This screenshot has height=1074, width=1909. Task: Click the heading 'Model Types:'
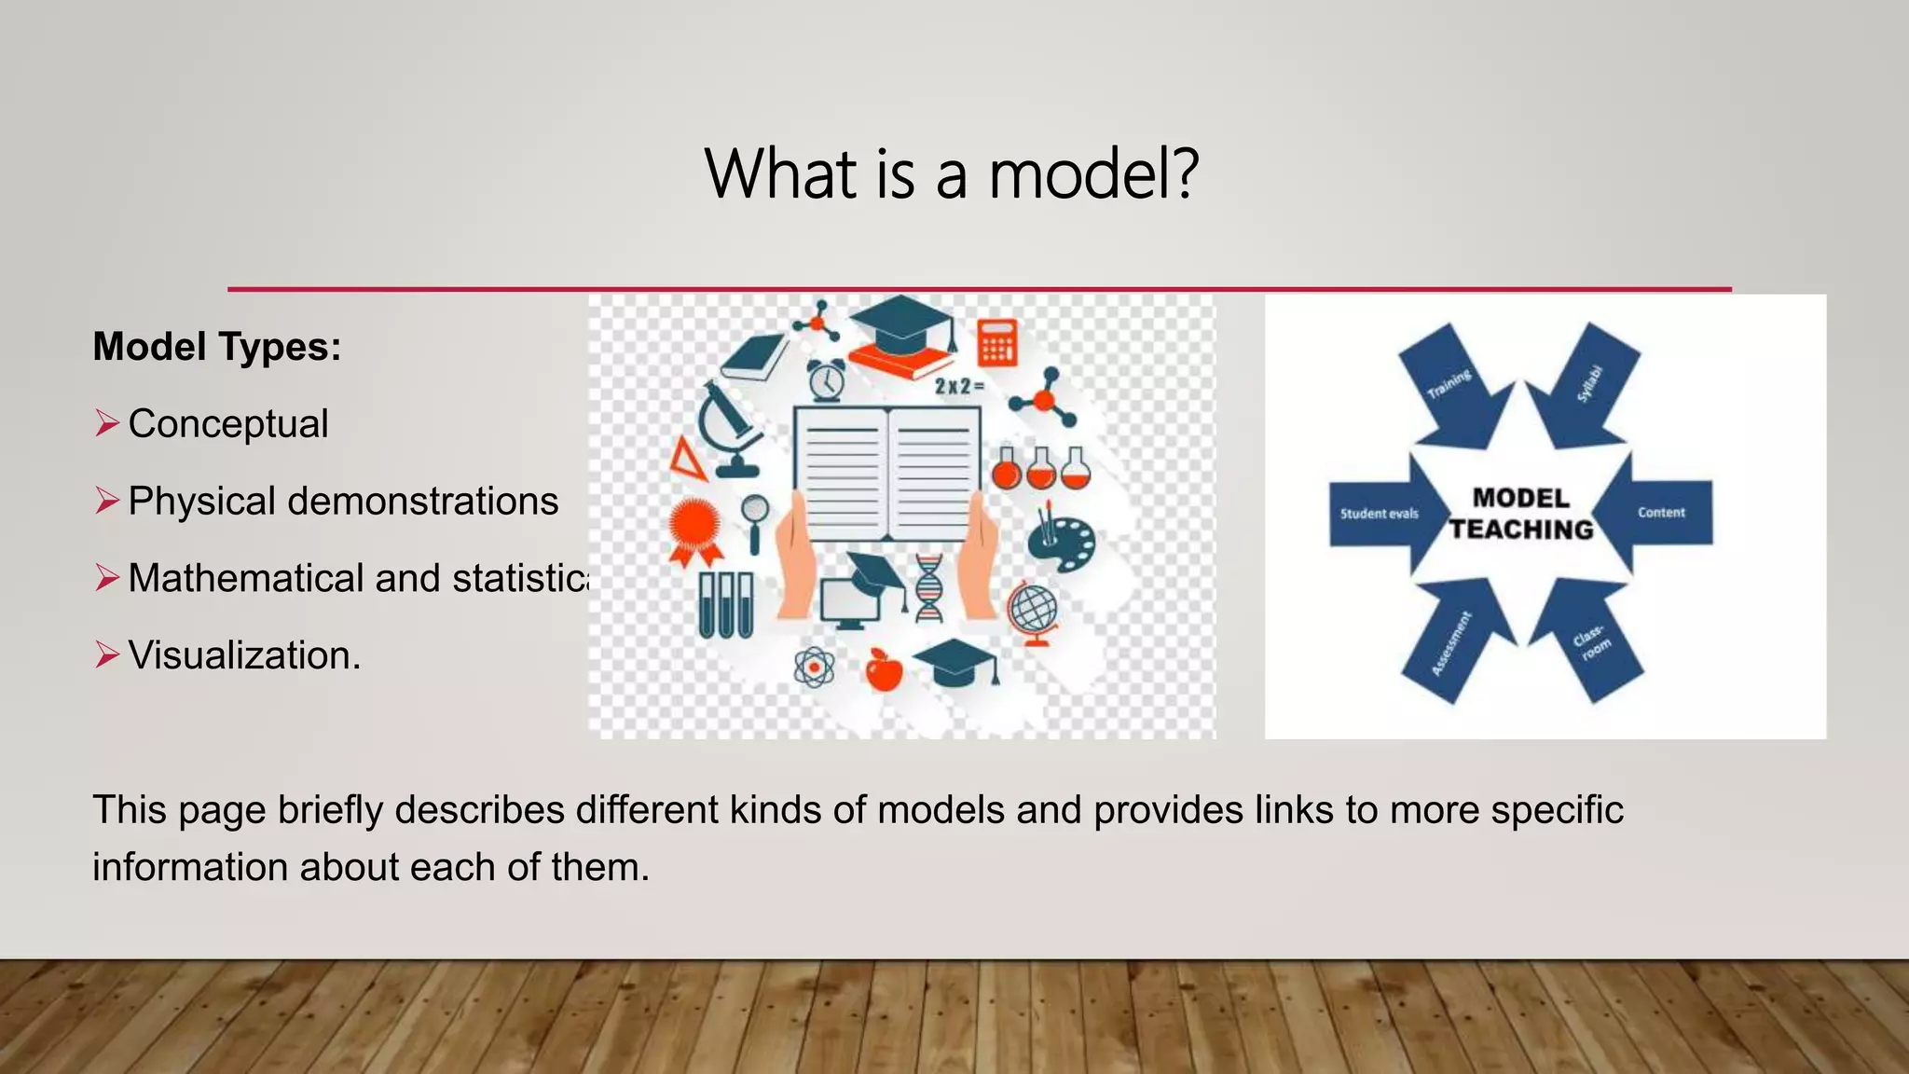point(217,347)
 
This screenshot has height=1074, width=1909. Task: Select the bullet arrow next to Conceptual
point(107,423)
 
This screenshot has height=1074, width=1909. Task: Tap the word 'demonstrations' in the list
point(422,501)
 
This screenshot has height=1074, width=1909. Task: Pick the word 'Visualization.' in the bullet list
point(244,655)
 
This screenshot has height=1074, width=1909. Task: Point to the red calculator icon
point(996,342)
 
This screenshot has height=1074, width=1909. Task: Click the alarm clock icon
point(826,379)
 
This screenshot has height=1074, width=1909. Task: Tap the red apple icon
point(884,669)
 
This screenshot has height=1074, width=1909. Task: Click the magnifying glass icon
point(755,520)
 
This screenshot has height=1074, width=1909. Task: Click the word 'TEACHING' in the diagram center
point(1521,530)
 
